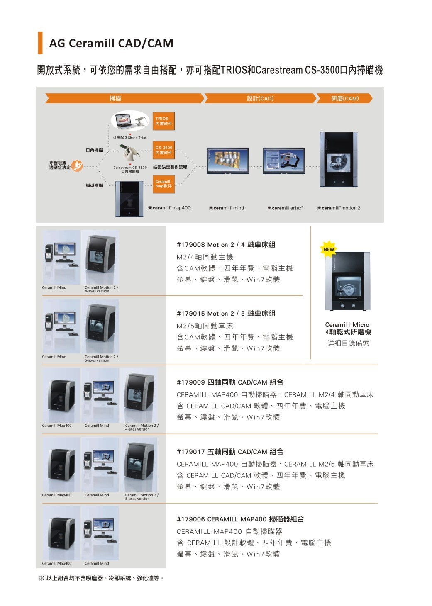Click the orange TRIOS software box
tap(164, 121)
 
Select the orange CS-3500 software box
tap(164, 150)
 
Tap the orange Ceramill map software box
tap(164, 184)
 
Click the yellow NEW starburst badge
tap(329, 248)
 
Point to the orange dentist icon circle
tap(77, 165)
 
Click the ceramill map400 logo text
tap(169, 208)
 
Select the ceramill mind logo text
tap(227, 208)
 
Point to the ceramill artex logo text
tap(285, 208)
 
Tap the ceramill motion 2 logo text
tap(339, 208)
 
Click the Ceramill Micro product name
tap(347, 325)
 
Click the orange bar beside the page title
tap(40, 43)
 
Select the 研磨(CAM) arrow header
tap(344, 98)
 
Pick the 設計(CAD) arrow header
tap(260, 98)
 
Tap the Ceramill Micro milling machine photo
tap(348, 281)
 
